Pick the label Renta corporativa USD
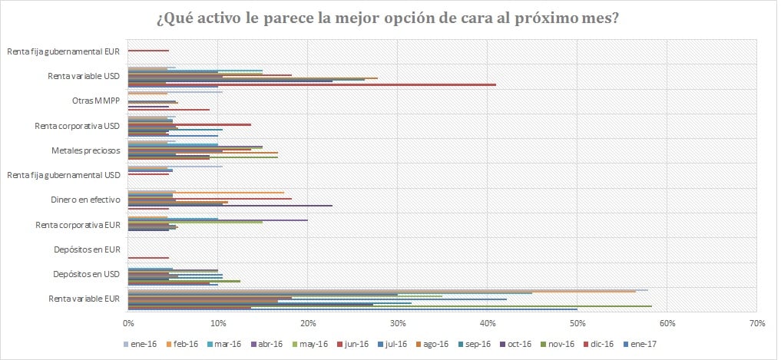pyautogui.click(x=78, y=125)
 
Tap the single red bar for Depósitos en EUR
pyautogui.click(x=148, y=258)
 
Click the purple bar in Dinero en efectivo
pyautogui.click(x=230, y=206)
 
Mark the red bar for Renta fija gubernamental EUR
pyautogui.click(x=148, y=51)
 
